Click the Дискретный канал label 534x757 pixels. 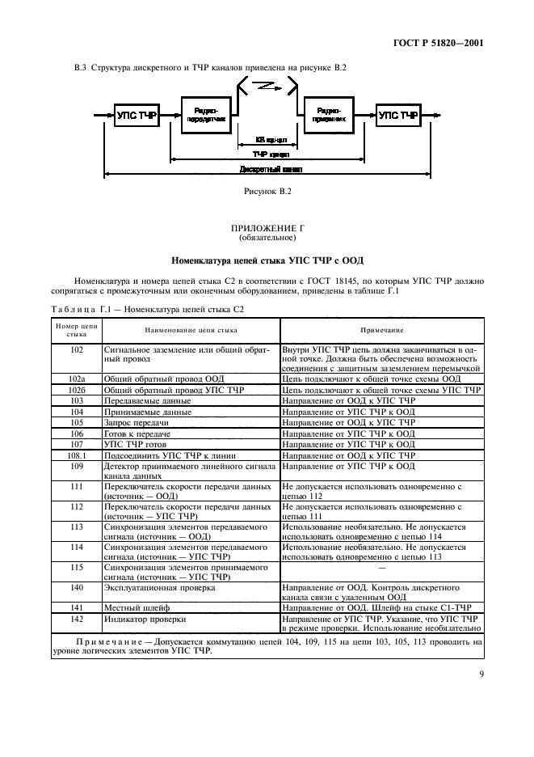270,170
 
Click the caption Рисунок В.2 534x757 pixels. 267,192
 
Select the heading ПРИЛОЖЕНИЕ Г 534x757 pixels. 267,230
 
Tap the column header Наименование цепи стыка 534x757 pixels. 191,330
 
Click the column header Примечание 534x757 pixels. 381,330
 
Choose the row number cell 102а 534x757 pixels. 78,378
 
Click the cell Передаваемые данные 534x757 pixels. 148,400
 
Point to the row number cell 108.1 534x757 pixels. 78,455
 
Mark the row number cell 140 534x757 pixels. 78,588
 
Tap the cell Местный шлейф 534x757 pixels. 135,607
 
